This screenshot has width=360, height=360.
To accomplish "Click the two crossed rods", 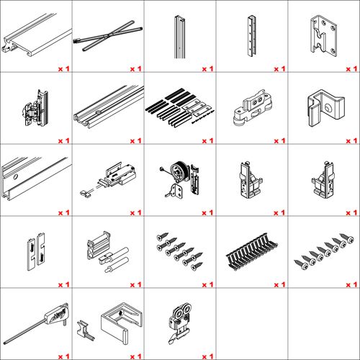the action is click(108, 35).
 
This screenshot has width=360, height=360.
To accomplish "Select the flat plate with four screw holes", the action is click(324, 36).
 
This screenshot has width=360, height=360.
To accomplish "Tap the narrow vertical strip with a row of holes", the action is click(251, 36).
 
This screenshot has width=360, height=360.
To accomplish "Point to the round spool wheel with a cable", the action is click(178, 171).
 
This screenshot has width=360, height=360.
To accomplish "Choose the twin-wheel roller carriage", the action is click(180, 323).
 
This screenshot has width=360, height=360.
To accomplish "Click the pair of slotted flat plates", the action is click(36, 251).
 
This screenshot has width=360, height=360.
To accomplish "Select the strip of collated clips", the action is click(252, 251).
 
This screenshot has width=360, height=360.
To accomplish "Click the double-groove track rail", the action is click(109, 106).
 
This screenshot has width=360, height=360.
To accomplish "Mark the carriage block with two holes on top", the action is click(253, 107).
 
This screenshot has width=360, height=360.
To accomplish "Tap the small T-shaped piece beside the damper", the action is click(86, 194).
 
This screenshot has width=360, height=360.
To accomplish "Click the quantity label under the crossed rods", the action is click(136, 69).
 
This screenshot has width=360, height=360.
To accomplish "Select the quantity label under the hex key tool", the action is click(64, 356).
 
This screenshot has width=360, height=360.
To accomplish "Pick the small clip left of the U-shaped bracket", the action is click(84, 330).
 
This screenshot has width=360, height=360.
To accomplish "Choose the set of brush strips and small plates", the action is click(180, 107).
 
